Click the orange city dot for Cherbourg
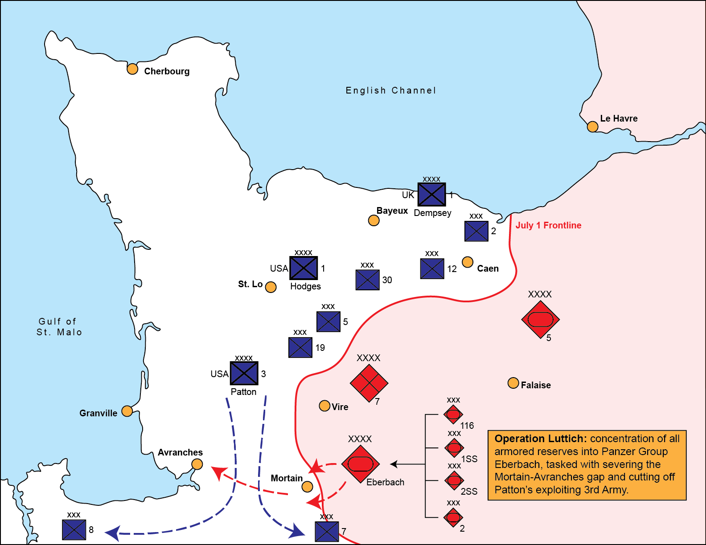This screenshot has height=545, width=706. (x=132, y=69)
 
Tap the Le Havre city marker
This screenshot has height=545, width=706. (x=592, y=127)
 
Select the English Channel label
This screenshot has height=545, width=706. (x=391, y=90)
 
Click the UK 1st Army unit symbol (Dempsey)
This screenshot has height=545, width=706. (x=431, y=195)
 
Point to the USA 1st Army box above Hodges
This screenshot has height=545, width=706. (x=304, y=268)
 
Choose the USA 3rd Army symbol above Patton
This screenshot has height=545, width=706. (x=244, y=373)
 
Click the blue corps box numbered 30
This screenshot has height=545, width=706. (x=367, y=280)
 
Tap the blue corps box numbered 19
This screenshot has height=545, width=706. (x=300, y=348)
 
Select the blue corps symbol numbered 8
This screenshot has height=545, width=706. (x=74, y=530)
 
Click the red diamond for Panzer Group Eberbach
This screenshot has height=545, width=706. (x=360, y=464)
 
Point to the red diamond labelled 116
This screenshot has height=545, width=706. (x=453, y=415)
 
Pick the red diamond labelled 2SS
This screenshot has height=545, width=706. (x=454, y=481)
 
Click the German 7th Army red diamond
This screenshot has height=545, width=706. (x=369, y=383)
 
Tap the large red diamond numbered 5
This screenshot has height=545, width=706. (x=540, y=319)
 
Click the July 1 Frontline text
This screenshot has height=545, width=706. (x=548, y=225)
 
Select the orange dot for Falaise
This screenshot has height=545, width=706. (x=513, y=383)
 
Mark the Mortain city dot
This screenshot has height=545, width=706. (x=307, y=487)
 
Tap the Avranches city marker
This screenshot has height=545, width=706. (x=197, y=464)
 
